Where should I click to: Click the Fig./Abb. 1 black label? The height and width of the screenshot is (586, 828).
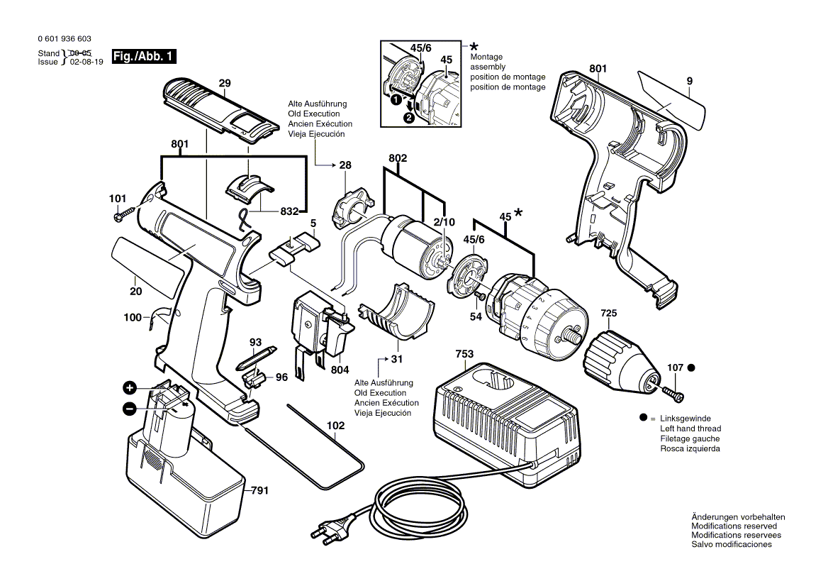pyautogui.click(x=145, y=57)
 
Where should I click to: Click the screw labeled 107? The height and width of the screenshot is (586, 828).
pyautogui.click(x=672, y=389)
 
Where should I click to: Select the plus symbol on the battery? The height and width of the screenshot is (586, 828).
pyautogui.click(x=130, y=387)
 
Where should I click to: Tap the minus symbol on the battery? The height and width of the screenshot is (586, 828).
pyautogui.click(x=130, y=409)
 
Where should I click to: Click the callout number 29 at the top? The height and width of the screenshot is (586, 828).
pyautogui.click(x=225, y=84)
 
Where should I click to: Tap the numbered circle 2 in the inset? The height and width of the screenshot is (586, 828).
pyautogui.click(x=409, y=118)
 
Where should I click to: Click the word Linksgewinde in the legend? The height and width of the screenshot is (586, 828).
pyautogui.click(x=685, y=419)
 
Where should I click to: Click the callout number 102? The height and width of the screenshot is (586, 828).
pyautogui.click(x=335, y=426)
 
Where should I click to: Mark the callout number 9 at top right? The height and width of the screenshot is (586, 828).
pyautogui.click(x=688, y=82)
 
